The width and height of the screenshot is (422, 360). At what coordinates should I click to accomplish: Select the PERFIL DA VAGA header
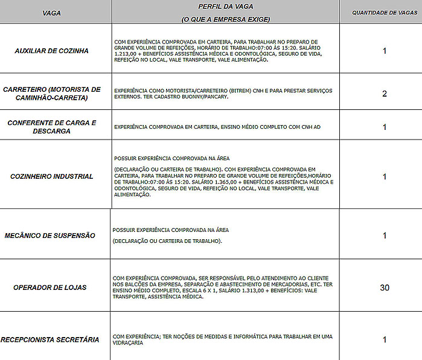pyautogui.click(x=225, y=6)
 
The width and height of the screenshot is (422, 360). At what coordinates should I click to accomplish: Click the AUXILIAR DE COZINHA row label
pyautogui.click(x=51, y=51)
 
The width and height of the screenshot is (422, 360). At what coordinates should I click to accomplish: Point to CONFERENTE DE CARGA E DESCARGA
pyautogui.click(x=52, y=127)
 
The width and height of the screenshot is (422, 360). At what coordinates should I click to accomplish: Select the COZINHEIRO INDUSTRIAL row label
pyautogui.click(x=52, y=176)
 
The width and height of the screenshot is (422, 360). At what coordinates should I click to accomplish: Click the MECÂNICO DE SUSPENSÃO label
pyautogui.click(x=50, y=236)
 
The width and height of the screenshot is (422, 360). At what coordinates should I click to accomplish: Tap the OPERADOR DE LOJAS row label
pyautogui.click(x=50, y=288)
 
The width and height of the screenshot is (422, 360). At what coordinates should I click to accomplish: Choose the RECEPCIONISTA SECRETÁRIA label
pyautogui.click(x=50, y=339)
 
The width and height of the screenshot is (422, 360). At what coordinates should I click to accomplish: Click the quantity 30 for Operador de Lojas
pyautogui.click(x=385, y=288)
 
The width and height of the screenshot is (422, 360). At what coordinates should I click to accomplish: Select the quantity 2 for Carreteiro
pyautogui.click(x=385, y=94)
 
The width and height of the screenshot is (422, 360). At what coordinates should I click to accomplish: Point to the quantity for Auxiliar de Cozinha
pyautogui.click(x=385, y=51)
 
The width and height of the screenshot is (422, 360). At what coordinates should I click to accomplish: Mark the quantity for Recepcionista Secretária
pyautogui.click(x=385, y=339)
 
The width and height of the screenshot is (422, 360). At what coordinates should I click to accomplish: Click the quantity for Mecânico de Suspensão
pyautogui.click(x=385, y=236)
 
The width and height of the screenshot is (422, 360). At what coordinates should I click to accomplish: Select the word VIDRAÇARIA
pyautogui.click(x=128, y=342)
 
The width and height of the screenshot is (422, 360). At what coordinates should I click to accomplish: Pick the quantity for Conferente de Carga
pyautogui.click(x=385, y=127)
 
